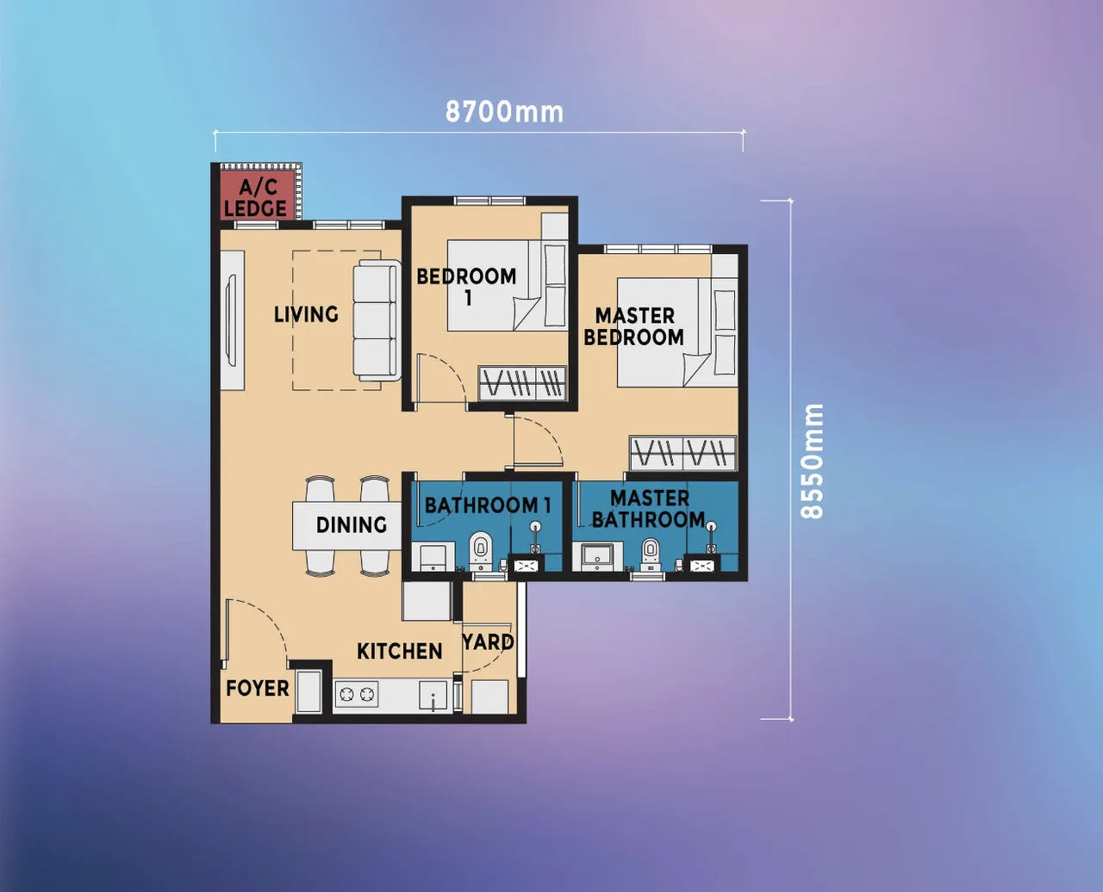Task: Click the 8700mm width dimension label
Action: [504, 112]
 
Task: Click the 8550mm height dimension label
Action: [813, 461]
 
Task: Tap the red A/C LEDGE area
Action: [256, 197]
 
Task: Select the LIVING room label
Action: [306, 314]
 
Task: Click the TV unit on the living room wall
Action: [231, 320]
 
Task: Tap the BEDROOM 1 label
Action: [466, 287]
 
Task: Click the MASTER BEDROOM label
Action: [634, 326]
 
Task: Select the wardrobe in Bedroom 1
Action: [522, 383]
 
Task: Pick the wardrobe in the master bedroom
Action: [682, 453]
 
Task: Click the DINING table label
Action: [351, 525]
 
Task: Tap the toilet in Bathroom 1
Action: [479, 551]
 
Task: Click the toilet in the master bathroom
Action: [651, 553]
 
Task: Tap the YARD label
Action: [488, 642]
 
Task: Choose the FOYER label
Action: [257, 688]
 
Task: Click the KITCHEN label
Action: [400, 651]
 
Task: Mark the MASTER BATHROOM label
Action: [649, 509]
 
